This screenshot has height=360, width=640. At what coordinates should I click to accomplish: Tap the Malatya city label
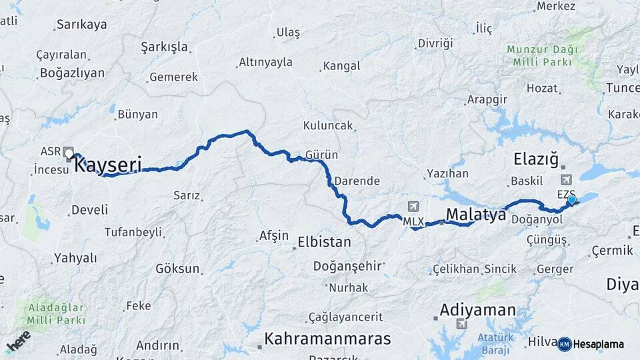476,215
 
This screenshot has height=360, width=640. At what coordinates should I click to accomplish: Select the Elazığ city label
535,159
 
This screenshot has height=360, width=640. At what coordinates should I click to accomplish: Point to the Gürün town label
321,155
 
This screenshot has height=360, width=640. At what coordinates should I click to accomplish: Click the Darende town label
357,181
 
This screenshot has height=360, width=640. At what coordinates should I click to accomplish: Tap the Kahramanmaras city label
327,339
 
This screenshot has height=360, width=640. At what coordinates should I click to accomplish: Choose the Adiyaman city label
477,310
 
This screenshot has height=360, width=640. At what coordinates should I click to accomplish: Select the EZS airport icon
567,179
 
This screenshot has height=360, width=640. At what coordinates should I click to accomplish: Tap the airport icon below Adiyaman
461,325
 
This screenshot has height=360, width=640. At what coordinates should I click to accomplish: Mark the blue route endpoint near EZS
571,199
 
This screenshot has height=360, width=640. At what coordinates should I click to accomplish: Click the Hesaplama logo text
598,345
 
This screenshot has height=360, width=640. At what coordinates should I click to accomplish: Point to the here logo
18,341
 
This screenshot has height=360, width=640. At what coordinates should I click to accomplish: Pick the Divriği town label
435,43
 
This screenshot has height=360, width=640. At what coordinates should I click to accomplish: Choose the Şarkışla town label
165,47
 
